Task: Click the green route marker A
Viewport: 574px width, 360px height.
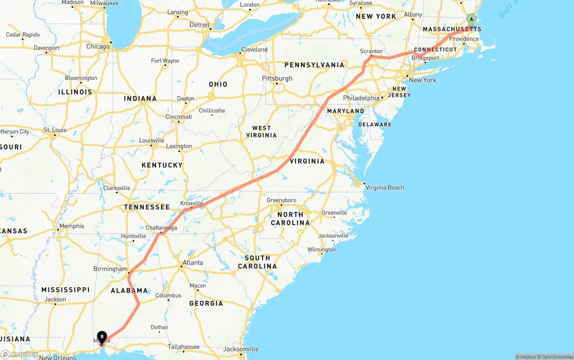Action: point(471,19)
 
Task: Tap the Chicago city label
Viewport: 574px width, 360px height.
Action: point(98,47)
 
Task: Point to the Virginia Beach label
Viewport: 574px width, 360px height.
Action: point(385,187)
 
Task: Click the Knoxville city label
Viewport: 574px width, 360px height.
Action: point(191,203)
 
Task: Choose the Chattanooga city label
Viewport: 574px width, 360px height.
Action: point(161,228)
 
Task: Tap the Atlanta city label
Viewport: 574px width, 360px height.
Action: point(192,263)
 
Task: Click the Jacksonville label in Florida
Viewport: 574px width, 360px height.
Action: point(241,349)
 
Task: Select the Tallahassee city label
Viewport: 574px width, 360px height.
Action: point(184,347)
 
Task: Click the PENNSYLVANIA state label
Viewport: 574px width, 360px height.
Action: point(314,65)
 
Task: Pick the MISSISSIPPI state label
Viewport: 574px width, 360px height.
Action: point(65,290)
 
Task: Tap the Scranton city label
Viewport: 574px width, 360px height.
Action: point(371,51)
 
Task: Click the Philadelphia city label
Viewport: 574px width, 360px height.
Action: point(361,98)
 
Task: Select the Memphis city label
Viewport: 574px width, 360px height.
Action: point(72,226)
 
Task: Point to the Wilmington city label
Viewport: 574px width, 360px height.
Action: point(321,250)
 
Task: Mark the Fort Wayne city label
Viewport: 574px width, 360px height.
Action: point(165,61)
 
